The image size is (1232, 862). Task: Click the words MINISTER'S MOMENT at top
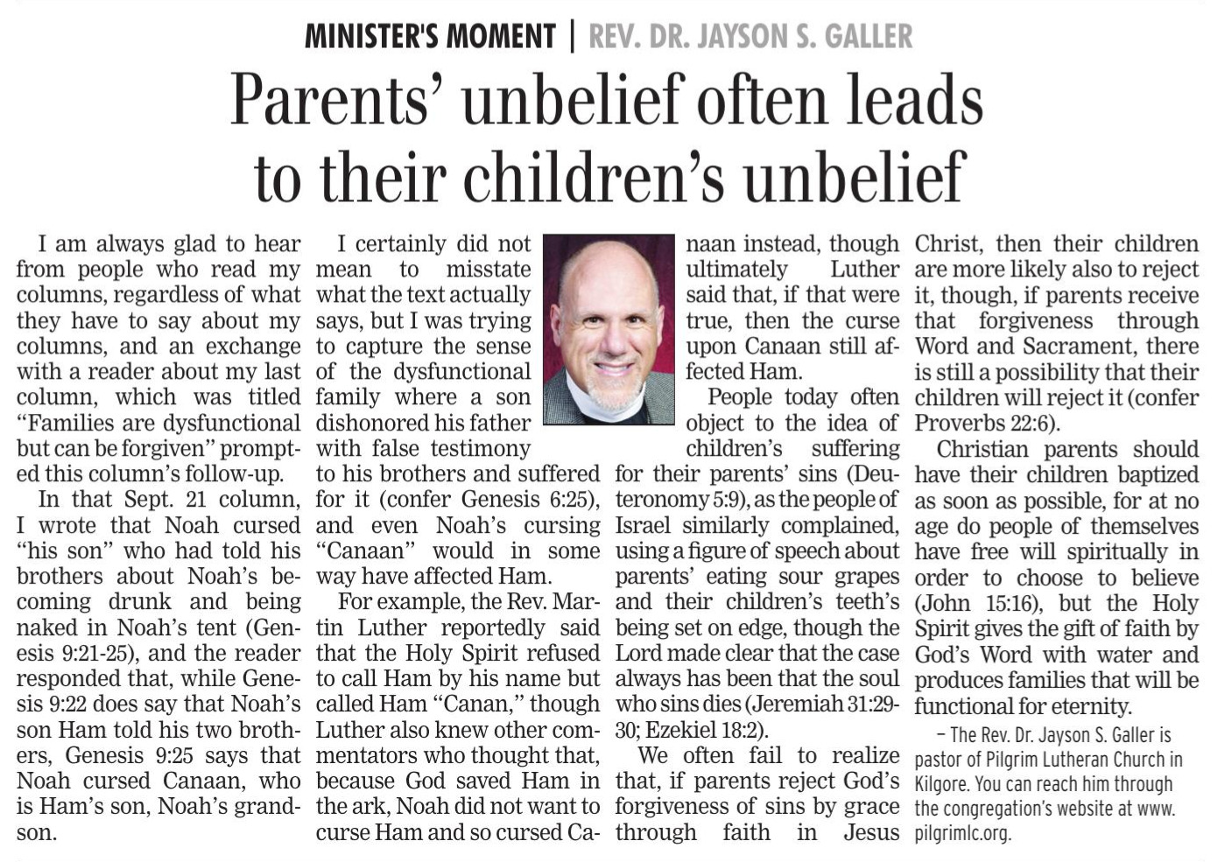pos(430,37)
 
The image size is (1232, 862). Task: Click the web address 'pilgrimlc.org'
pos(962,833)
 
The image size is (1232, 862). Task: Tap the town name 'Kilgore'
pos(940,784)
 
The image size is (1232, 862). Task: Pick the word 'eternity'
pos(1082,705)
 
